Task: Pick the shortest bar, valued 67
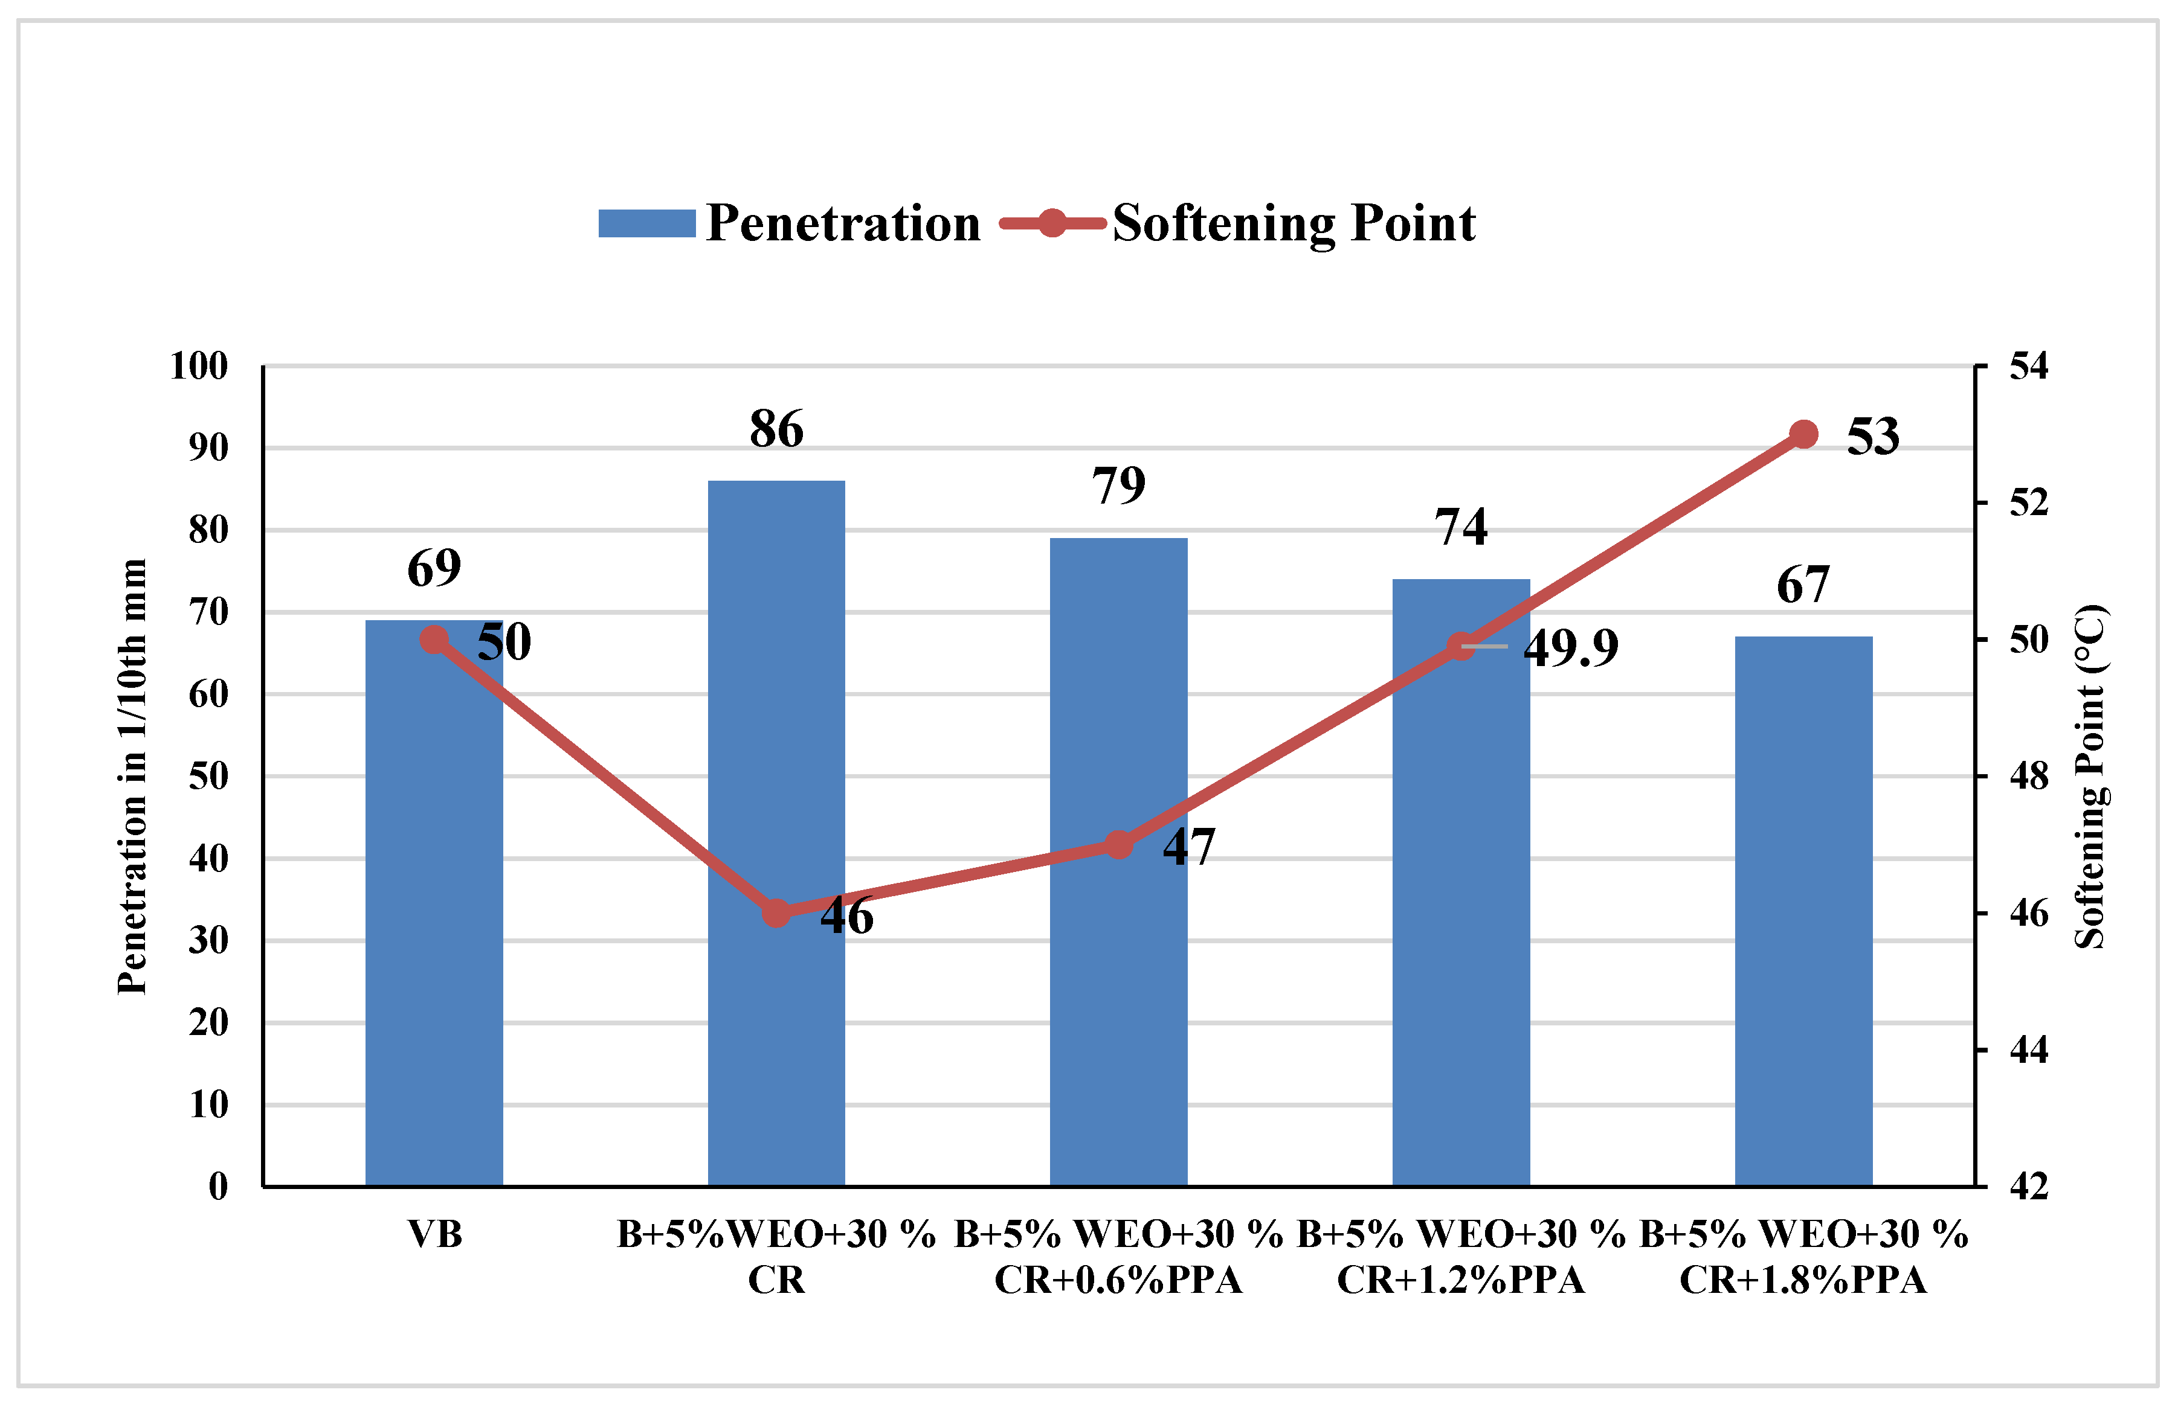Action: (1803, 912)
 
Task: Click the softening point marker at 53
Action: (1803, 434)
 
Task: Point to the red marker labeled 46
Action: (776, 912)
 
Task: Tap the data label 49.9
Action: (1570, 648)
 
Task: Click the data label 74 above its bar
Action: (1460, 527)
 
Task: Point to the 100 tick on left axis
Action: (199, 367)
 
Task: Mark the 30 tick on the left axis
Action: (208, 940)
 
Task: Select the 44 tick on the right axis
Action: (2028, 1050)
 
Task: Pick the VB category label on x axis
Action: (434, 1234)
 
